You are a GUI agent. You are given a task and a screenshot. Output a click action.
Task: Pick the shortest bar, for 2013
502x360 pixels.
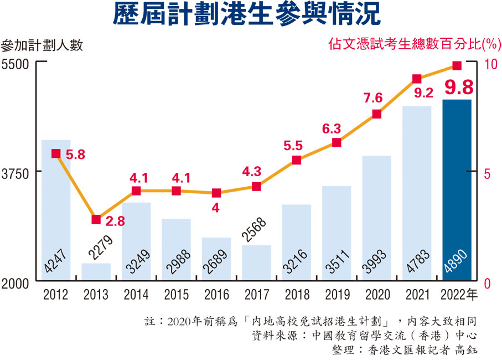click(96, 272)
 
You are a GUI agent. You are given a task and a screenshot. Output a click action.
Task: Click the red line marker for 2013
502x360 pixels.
click(96, 219)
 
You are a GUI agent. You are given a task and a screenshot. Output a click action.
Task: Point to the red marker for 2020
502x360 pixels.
click(376, 114)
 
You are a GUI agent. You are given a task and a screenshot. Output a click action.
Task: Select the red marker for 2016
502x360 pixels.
click(216, 193)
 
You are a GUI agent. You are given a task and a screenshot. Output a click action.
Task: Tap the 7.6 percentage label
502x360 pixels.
click(373, 98)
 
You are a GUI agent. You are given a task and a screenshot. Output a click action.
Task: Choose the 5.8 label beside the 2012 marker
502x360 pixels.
click(75, 155)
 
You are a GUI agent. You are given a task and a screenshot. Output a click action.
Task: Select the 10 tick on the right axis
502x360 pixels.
click(490, 64)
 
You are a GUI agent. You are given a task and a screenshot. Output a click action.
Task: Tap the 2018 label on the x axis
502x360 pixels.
click(296, 295)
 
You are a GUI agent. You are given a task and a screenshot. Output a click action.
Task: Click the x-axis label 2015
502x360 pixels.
click(176, 295)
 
